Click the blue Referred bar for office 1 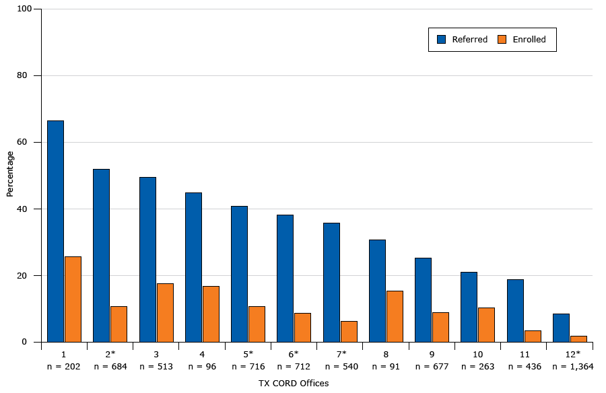pos(55,231)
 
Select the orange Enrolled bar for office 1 pos(73,299)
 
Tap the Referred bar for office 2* pos(101,255)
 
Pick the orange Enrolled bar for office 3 pos(165,312)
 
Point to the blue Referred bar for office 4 pos(193,267)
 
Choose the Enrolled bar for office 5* pos(257,324)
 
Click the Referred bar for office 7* pos(331,282)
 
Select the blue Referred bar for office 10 pos(469,307)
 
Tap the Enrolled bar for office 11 pos(533,336)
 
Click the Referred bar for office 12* pos(561,328)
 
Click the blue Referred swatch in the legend pos(442,40)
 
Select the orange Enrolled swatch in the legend pos(501,40)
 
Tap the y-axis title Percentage pos(10,174)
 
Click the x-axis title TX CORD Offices pos(294,384)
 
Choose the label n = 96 pos(201,367)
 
